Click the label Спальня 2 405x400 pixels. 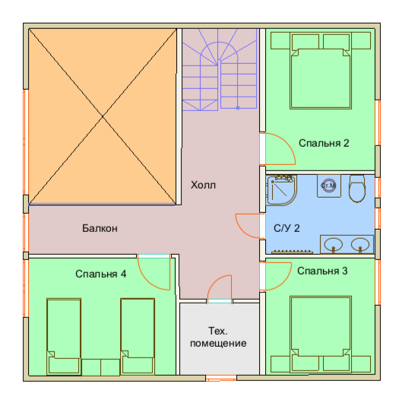point(324,143)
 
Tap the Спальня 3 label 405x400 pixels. point(322,271)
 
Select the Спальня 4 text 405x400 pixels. point(101,274)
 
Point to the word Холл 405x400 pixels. point(203,185)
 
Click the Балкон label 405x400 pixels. point(100,228)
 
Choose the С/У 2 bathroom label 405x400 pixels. point(286,228)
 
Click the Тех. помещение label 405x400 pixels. point(218,337)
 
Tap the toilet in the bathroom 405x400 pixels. point(357,189)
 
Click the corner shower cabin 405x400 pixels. point(281,190)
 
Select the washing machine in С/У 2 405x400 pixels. point(329,186)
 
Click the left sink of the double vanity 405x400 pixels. point(334,245)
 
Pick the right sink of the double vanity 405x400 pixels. point(360,245)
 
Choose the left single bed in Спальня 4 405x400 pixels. point(64,336)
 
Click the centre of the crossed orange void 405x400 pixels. point(103,116)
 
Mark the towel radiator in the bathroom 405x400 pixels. point(292,252)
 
